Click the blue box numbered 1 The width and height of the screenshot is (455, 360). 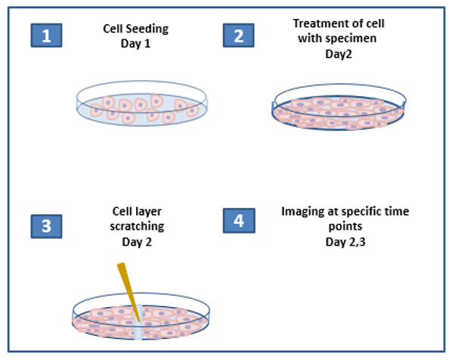tap(46, 36)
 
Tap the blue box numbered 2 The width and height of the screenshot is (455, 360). tap(239, 36)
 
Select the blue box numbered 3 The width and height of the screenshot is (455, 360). tap(46, 226)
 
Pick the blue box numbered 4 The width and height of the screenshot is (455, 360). tap(239, 221)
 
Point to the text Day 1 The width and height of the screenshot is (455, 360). tap(135, 44)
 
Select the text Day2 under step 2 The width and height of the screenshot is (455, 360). tap(339, 54)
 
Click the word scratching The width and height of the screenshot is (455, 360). tap(137, 226)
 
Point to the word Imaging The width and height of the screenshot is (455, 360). tap(303, 212)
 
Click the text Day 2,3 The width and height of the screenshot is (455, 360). tap(345, 242)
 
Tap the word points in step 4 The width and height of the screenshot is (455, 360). tap(345, 226)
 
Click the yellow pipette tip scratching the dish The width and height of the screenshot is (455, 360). tap(129, 292)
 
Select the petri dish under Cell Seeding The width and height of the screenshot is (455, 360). tap(142, 104)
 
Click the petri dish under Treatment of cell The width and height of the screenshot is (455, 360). tap(339, 107)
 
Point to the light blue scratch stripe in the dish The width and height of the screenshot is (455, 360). tap(138, 321)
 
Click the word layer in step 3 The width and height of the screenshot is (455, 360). tap(147, 212)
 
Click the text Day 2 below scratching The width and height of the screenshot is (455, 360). tap(137, 242)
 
